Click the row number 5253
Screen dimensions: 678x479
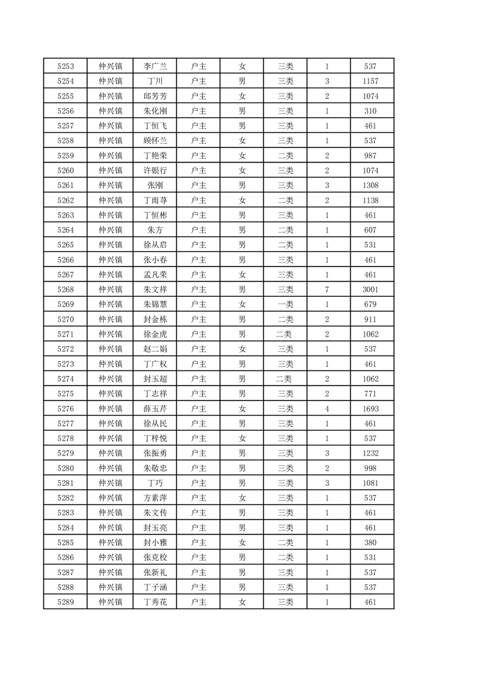pos(65,66)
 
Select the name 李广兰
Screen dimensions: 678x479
pos(155,66)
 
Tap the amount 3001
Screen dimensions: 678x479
pos(370,289)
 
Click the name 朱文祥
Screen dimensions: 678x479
pos(155,289)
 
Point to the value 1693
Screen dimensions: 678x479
pos(370,408)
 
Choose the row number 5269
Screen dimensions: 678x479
pos(65,305)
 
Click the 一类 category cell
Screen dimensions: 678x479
pos(285,305)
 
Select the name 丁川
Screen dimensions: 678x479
pos(155,81)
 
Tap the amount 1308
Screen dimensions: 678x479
pos(370,186)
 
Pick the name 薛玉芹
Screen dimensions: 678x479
pos(155,408)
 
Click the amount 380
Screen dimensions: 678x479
pos(370,543)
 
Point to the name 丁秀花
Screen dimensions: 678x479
pos(155,602)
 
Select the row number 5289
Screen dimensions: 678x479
pos(65,602)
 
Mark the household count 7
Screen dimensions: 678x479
pos(327,289)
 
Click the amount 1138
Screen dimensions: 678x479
pos(370,200)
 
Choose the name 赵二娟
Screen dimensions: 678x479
pos(155,349)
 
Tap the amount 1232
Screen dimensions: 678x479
pos(370,453)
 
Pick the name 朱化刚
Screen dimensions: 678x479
pos(155,111)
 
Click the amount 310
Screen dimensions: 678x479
pos(370,111)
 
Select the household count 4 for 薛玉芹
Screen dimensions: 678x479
pos(327,408)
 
